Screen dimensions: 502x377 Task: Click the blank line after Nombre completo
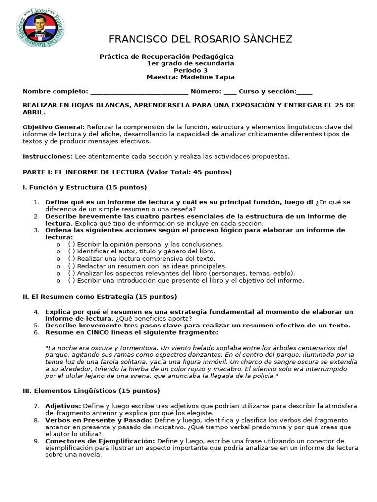click(x=139, y=91)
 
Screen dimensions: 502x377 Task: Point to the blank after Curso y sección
click(x=304, y=91)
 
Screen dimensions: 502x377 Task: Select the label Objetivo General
click(x=54, y=127)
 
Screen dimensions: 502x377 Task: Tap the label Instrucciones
click(x=47, y=156)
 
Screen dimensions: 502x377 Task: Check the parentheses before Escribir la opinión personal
click(x=72, y=244)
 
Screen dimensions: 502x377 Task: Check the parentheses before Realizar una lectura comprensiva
click(x=72, y=258)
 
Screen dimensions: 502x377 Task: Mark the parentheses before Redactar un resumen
click(x=72, y=266)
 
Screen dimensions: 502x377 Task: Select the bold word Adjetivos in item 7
click(x=63, y=406)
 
